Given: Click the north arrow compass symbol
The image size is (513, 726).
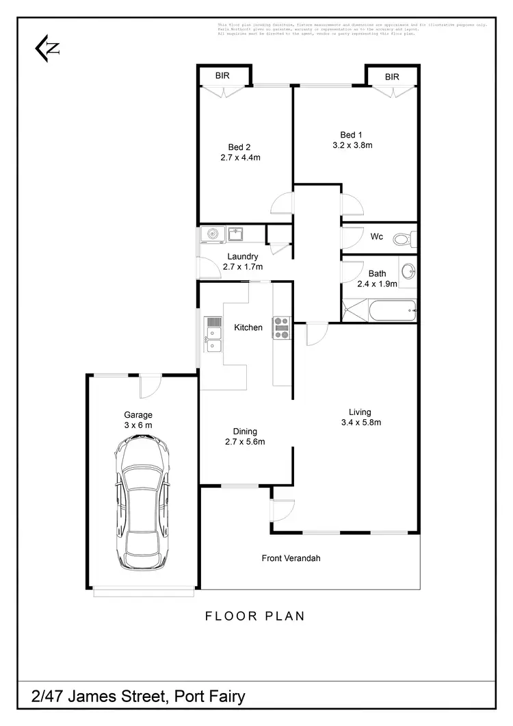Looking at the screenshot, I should click(47, 49).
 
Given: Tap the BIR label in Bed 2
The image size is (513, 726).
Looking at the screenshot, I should click(222, 76).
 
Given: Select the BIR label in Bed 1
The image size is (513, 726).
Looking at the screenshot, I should click(391, 77).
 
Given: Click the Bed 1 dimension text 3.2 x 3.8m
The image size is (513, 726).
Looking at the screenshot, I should click(352, 145).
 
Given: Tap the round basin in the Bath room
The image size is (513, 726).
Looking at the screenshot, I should click(408, 271).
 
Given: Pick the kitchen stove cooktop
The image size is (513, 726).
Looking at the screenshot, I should click(282, 328).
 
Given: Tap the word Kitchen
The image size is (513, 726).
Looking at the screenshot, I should click(248, 327).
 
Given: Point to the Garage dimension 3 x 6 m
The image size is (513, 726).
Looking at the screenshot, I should click(137, 425).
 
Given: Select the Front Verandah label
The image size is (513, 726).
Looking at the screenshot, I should click(291, 558).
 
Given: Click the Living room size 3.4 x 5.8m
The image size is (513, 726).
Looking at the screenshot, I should click(360, 422).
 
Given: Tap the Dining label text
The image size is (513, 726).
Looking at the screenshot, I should click(245, 431).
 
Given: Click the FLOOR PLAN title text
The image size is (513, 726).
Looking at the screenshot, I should click(255, 616).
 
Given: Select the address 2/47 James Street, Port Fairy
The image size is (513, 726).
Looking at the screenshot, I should click(138, 697).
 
